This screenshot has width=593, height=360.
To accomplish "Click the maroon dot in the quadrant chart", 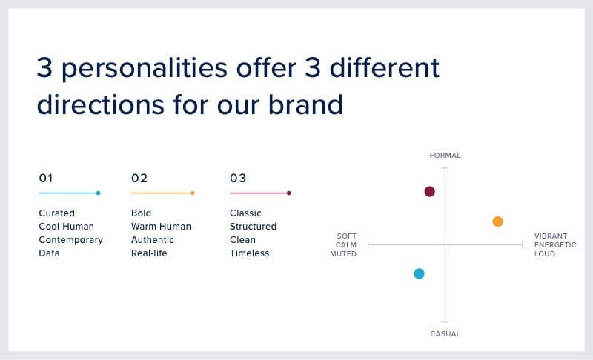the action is [x=430, y=192].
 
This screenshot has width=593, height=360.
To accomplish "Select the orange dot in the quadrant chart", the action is [x=497, y=221].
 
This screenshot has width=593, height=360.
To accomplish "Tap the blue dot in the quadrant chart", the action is [x=419, y=273].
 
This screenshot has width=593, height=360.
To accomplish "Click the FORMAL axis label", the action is [x=445, y=156].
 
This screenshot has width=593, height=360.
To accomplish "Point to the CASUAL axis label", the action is [x=445, y=334].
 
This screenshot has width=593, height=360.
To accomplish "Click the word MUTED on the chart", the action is [x=343, y=254].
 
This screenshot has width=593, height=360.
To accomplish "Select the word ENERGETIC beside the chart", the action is [x=555, y=244].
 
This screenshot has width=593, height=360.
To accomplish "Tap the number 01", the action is [x=46, y=178].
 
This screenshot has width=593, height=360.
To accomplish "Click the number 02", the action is [x=139, y=178].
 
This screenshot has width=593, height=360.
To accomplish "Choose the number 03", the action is [x=238, y=178].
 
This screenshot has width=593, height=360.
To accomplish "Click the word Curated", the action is [x=57, y=213].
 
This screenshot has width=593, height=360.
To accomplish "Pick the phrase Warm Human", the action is [x=161, y=226].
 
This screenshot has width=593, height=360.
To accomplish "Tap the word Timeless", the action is [x=250, y=253].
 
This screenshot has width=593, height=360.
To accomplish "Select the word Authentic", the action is [x=153, y=240].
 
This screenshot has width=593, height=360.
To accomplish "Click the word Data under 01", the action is [x=49, y=253].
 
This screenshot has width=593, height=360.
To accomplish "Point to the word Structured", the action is [x=253, y=226].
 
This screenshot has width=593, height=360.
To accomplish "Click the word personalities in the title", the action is [x=145, y=69].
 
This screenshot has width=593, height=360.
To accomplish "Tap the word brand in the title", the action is [x=305, y=104].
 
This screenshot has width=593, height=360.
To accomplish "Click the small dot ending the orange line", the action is [x=193, y=193].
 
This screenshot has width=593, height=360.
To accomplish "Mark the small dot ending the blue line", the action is [x=99, y=193].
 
